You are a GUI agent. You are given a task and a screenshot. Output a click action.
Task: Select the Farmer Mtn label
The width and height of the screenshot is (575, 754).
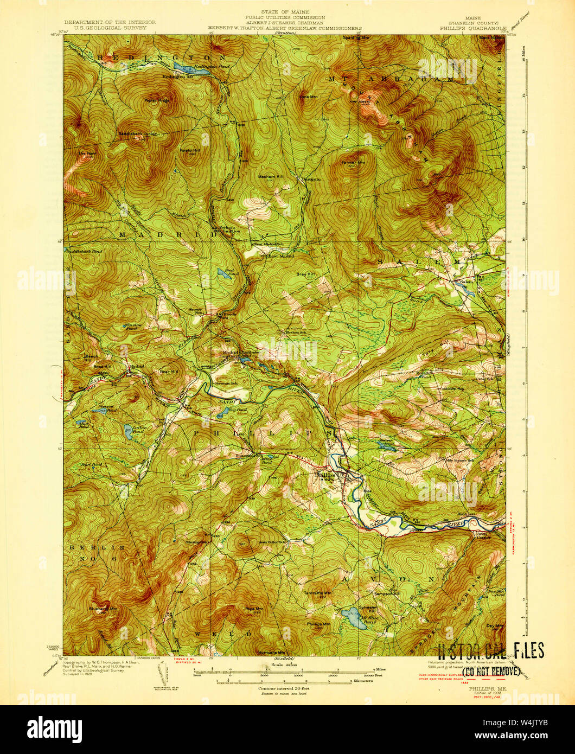point(352,163)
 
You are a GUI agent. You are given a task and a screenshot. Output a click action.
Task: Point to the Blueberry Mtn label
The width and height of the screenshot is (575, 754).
point(103,609)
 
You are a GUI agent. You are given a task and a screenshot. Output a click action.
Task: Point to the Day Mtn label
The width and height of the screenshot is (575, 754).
point(495,625)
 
